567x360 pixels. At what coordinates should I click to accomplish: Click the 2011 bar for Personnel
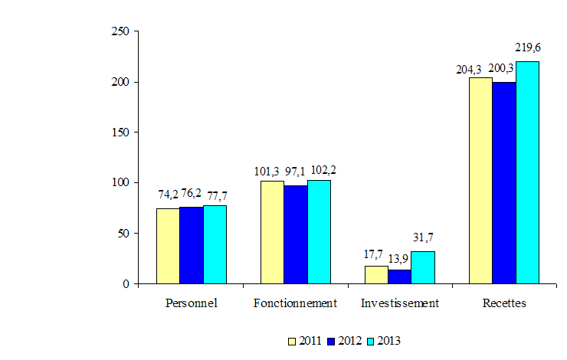click(x=168, y=246)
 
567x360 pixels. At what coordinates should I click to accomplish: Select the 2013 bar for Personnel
click(x=215, y=244)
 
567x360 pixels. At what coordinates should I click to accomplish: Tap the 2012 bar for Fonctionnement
click(x=296, y=234)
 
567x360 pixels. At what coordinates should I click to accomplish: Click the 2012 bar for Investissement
click(x=400, y=277)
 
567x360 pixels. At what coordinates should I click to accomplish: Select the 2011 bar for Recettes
click(x=480, y=181)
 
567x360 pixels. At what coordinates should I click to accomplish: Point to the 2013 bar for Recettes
click(x=527, y=172)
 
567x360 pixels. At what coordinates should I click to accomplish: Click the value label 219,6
click(x=528, y=47)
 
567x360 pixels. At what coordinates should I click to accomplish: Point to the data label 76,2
click(x=192, y=195)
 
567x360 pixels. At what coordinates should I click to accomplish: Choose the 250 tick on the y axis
click(x=120, y=31)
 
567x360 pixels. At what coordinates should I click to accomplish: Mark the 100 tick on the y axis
click(x=120, y=182)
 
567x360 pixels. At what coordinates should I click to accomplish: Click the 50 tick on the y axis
click(x=123, y=233)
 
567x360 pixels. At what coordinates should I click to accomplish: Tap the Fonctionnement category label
click(x=296, y=303)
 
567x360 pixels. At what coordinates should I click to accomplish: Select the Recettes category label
click(x=504, y=303)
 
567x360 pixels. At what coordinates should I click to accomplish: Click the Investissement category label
click(x=400, y=303)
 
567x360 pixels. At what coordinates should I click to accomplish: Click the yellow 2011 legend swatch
click(x=292, y=340)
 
